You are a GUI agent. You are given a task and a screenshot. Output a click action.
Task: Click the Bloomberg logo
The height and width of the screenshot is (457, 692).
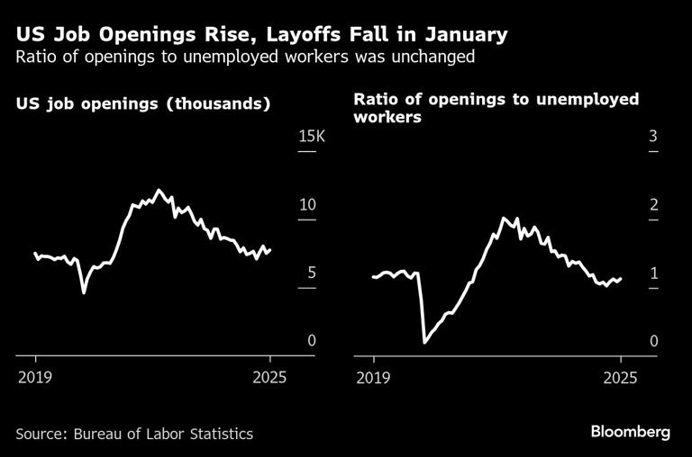630,432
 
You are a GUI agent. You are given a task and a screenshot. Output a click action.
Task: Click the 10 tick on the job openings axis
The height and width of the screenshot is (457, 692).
306,204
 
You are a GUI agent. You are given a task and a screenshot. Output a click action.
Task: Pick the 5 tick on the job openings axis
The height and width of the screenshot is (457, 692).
310,273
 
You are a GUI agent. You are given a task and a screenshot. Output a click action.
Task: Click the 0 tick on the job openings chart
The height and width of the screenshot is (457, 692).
311,340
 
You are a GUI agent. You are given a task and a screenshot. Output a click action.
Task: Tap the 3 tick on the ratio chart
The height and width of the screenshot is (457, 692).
653,137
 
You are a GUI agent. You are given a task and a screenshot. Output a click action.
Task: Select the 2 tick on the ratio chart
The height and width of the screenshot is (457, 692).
653,205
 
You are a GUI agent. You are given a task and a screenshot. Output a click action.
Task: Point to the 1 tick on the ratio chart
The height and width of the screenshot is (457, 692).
653,273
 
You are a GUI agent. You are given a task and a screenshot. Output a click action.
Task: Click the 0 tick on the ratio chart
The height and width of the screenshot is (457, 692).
653,341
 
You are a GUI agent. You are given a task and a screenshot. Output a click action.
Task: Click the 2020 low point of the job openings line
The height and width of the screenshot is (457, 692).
84,292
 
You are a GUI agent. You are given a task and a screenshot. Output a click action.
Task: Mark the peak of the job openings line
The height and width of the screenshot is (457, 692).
159,190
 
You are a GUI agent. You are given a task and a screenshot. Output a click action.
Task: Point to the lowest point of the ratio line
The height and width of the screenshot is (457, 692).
424,342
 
